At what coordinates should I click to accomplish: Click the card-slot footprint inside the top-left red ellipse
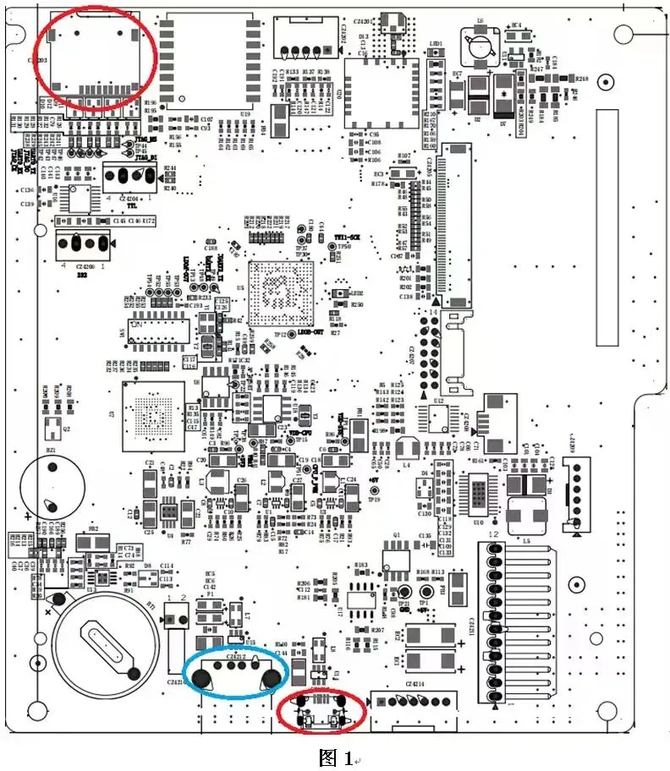pos(92,62)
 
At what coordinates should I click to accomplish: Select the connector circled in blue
pos(236,672)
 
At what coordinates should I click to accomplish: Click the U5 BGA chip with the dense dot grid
pos(280,294)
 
